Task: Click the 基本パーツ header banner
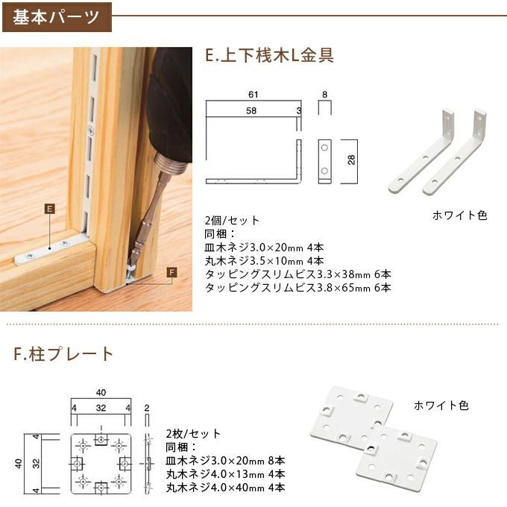point(55,16)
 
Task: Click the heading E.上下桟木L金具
point(268,55)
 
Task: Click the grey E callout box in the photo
point(49,210)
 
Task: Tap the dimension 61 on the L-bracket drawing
point(253,95)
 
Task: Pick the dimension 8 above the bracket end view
point(325,95)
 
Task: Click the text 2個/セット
point(232,221)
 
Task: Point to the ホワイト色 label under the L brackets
point(459,215)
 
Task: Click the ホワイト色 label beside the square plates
point(441,406)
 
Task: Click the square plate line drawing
point(101,462)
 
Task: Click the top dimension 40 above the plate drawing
point(101,392)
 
